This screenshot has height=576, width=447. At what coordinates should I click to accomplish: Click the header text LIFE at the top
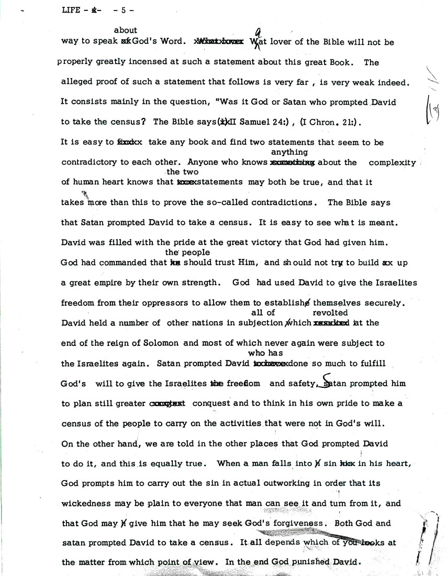tap(70, 9)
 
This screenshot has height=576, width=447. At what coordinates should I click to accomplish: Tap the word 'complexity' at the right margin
tap(393, 162)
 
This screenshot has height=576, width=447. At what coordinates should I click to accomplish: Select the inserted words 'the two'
tap(181, 172)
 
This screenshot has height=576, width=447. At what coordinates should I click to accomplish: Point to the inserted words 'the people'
tap(181, 252)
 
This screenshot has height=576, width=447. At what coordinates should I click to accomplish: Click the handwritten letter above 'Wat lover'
tap(257, 31)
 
